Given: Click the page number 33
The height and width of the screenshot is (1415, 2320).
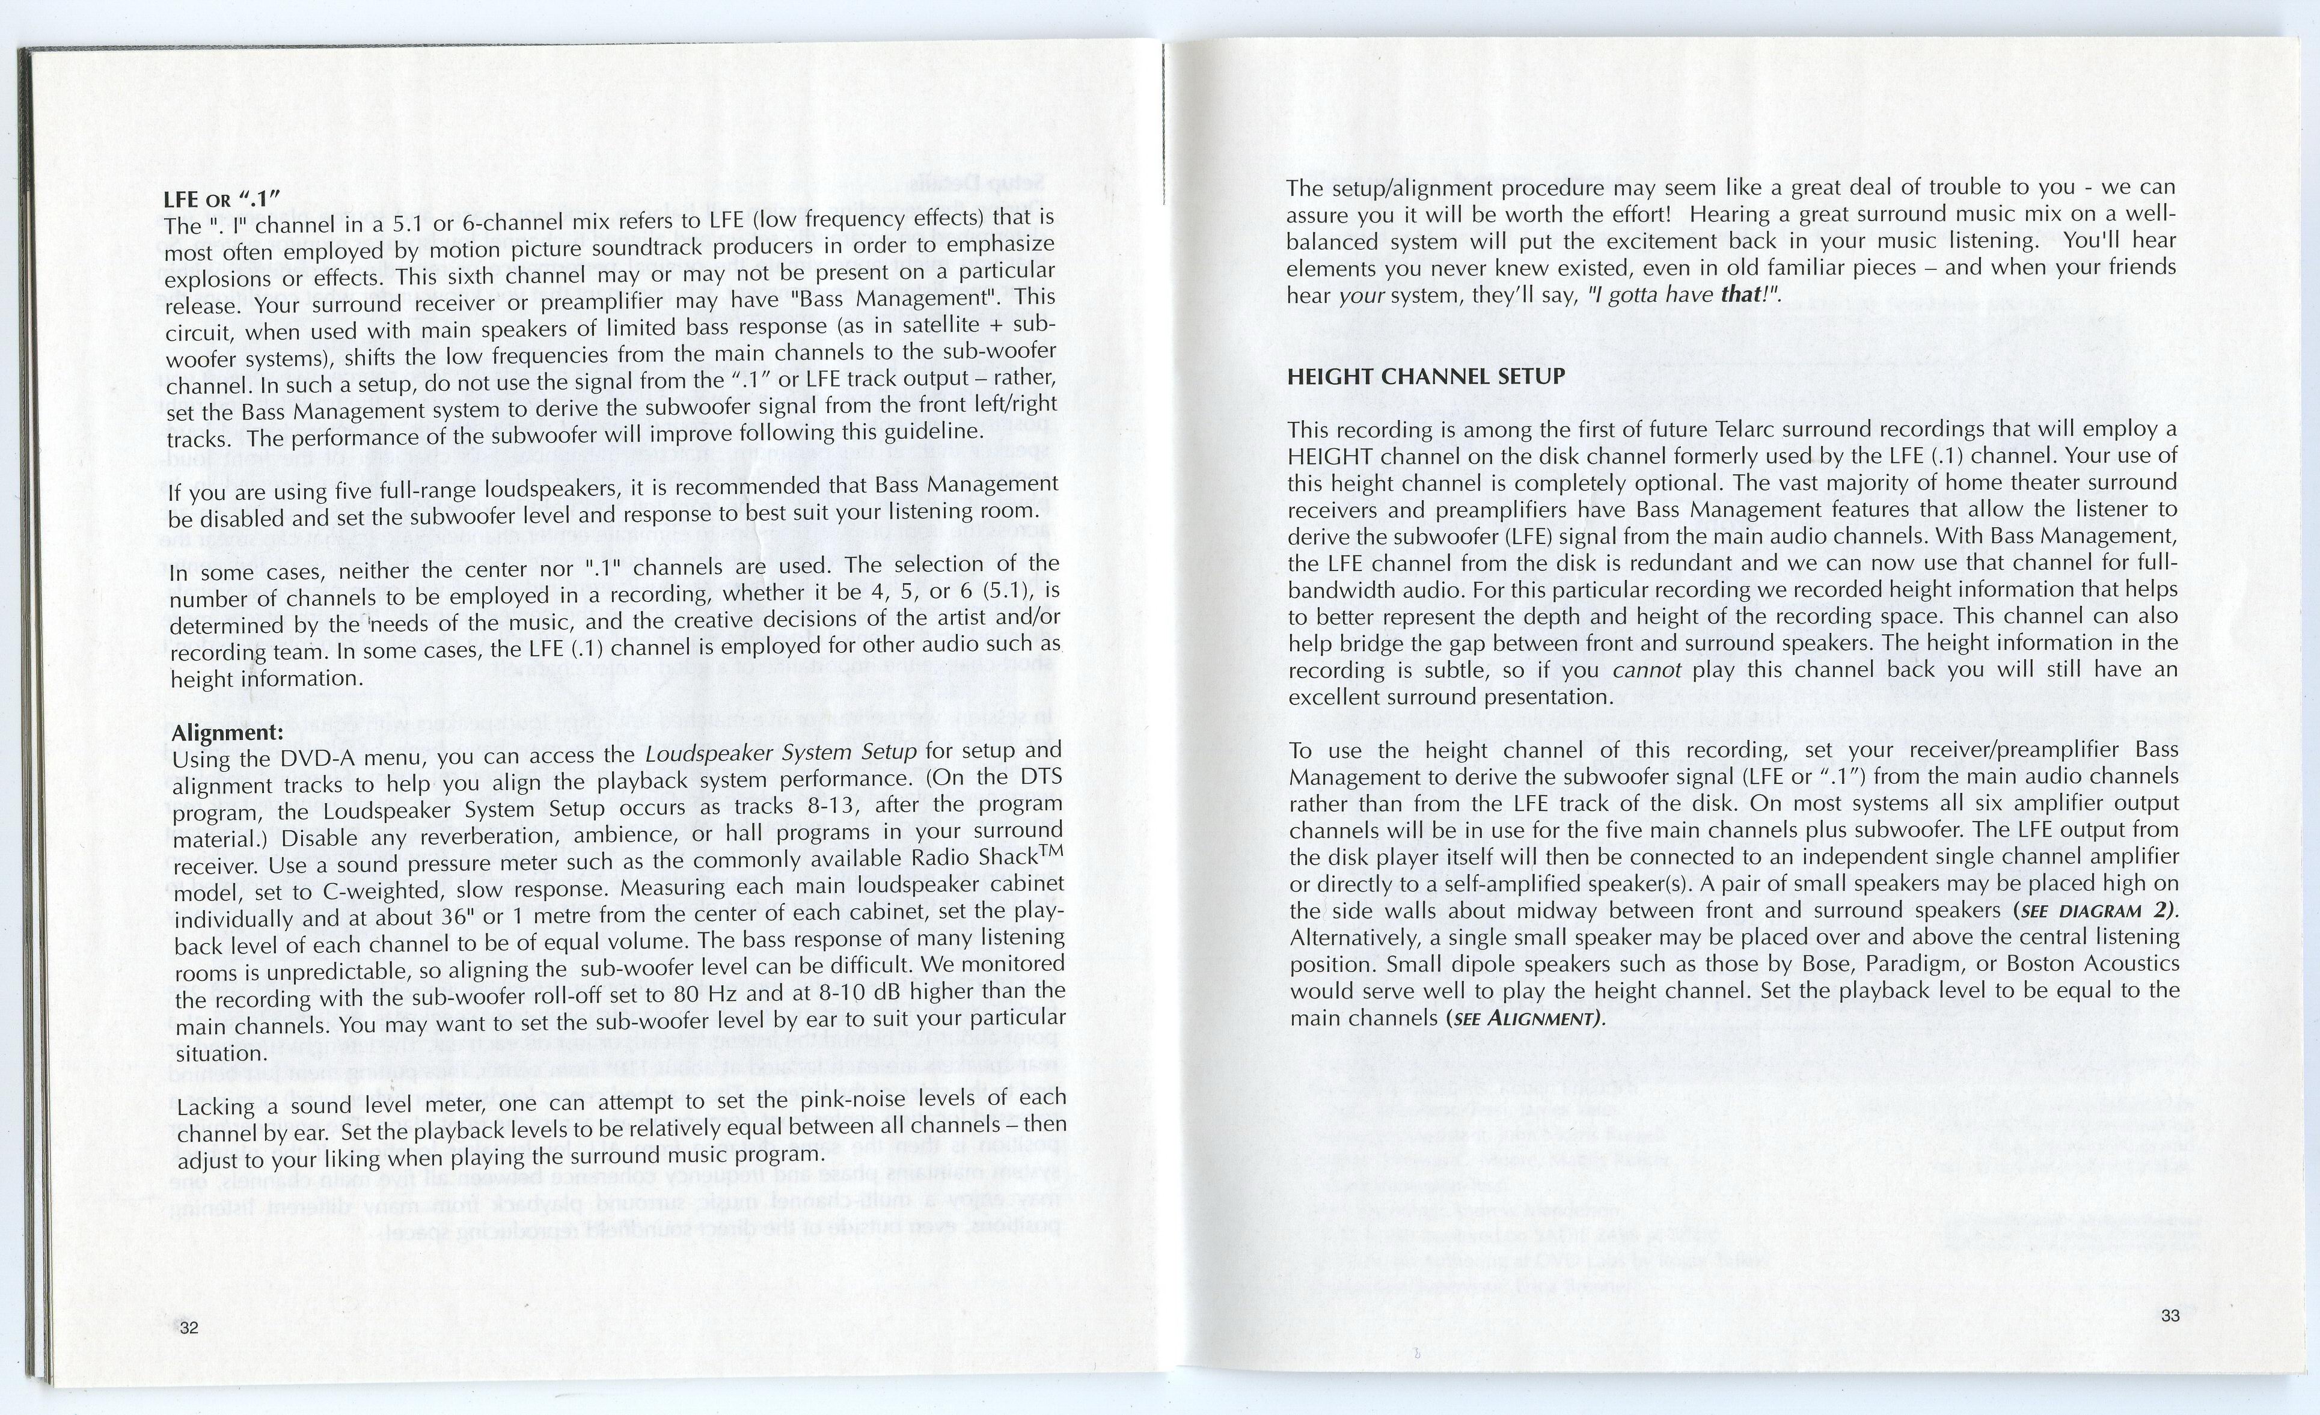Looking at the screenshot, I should click(x=2170, y=1316).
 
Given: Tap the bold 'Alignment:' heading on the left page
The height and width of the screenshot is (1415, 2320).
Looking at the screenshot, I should click(x=227, y=733).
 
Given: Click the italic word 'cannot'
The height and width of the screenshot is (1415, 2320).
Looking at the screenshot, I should click(x=1647, y=670).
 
